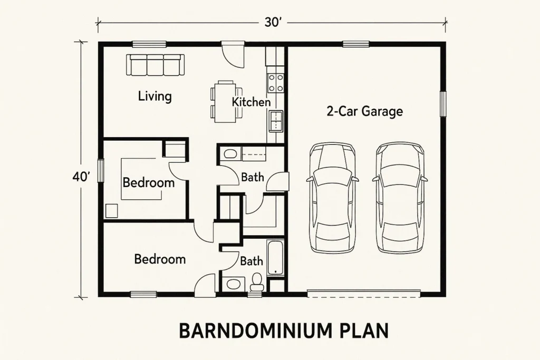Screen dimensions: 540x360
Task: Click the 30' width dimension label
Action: [273, 22]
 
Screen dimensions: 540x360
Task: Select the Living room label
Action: [155, 96]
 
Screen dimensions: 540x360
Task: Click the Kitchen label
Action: [251, 102]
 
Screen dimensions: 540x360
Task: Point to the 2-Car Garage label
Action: [364, 111]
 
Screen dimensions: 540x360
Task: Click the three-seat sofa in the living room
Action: [155, 65]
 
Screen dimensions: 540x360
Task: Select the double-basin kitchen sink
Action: [276, 121]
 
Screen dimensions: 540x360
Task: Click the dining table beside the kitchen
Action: [225, 102]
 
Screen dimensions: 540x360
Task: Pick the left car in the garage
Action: [332, 198]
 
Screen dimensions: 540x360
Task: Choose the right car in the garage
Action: [400, 198]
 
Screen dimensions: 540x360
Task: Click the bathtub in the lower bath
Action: [275, 258]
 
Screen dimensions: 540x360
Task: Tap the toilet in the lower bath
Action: [257, 282]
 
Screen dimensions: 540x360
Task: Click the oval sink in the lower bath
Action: [234, 284]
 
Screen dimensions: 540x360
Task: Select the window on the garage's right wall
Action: [443, 104]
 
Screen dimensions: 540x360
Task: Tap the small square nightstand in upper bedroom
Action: [112, 211]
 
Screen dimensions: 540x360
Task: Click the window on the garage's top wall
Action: [356, 44]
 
